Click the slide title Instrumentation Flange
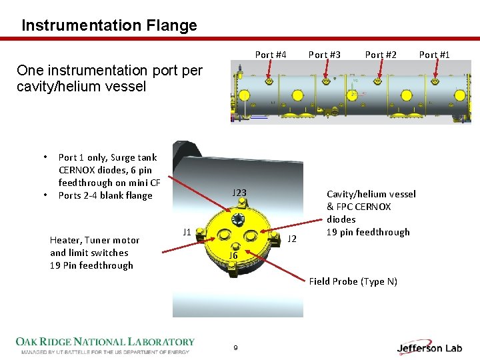pos(109,26)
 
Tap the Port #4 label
pos(271,55)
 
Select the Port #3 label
pos(325,55)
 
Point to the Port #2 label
pos(381,55)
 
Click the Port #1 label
pos(435,55)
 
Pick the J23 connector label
pos(239,193)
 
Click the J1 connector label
pos(187,232)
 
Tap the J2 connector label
pos(292,238)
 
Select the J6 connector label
pos(233,255)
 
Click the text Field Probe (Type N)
pos(353,281)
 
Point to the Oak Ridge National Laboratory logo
pos(105,345)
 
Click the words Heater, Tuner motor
pos(95,240)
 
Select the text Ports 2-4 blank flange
pos(105,195)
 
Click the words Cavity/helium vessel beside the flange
pos(371,194)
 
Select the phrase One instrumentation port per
pos(109,71)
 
